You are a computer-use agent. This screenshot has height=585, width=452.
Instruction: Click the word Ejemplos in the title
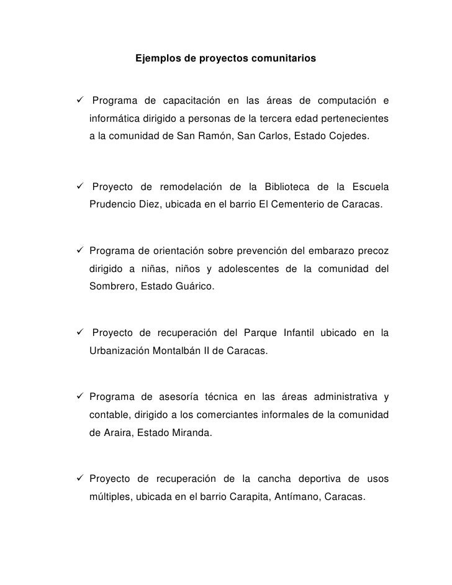[x=157, y=59]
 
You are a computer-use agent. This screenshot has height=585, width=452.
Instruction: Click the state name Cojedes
[x=353, y=134]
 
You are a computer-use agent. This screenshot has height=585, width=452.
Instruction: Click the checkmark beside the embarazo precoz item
[x=81, y=252]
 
